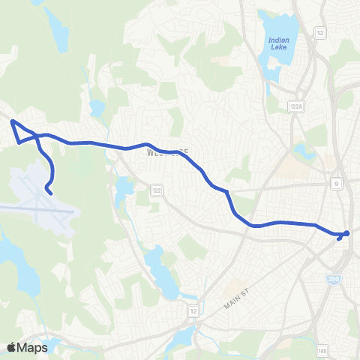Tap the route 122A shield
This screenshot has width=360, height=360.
point(295,108)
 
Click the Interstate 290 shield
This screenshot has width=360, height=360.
point(332,279)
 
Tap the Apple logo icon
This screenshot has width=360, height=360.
point(11,347)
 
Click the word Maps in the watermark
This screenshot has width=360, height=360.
point(34,347)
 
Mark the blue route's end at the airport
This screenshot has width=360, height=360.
point(50,193)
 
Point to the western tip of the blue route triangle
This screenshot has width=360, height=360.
point(11,120)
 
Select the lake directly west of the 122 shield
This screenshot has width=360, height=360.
point(122,191)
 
